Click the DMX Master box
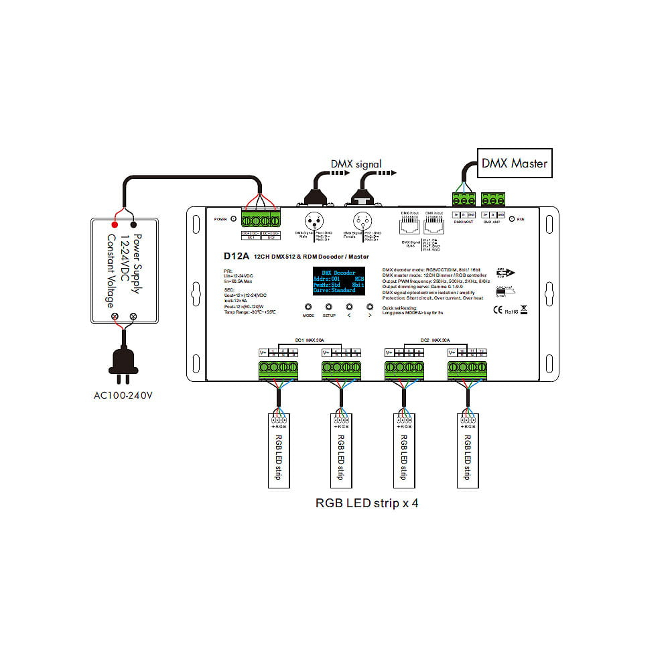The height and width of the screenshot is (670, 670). (515, 163)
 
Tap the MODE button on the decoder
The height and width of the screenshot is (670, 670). (308, 307)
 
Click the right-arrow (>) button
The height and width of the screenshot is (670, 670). (369, 307)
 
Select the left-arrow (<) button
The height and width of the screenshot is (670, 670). (349, 307)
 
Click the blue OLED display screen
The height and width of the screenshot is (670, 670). (339, 281)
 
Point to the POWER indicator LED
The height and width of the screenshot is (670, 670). (232, 219)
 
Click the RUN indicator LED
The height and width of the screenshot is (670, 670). (512, 219)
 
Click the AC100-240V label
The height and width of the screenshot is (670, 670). (124, 395)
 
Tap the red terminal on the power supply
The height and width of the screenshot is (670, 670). (115, 224)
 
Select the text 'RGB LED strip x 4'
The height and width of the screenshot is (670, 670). (366, 503)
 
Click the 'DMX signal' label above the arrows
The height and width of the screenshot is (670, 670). (356, 163)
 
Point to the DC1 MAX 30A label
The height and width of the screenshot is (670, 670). (308, 340)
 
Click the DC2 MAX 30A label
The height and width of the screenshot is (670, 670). (435, 340)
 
